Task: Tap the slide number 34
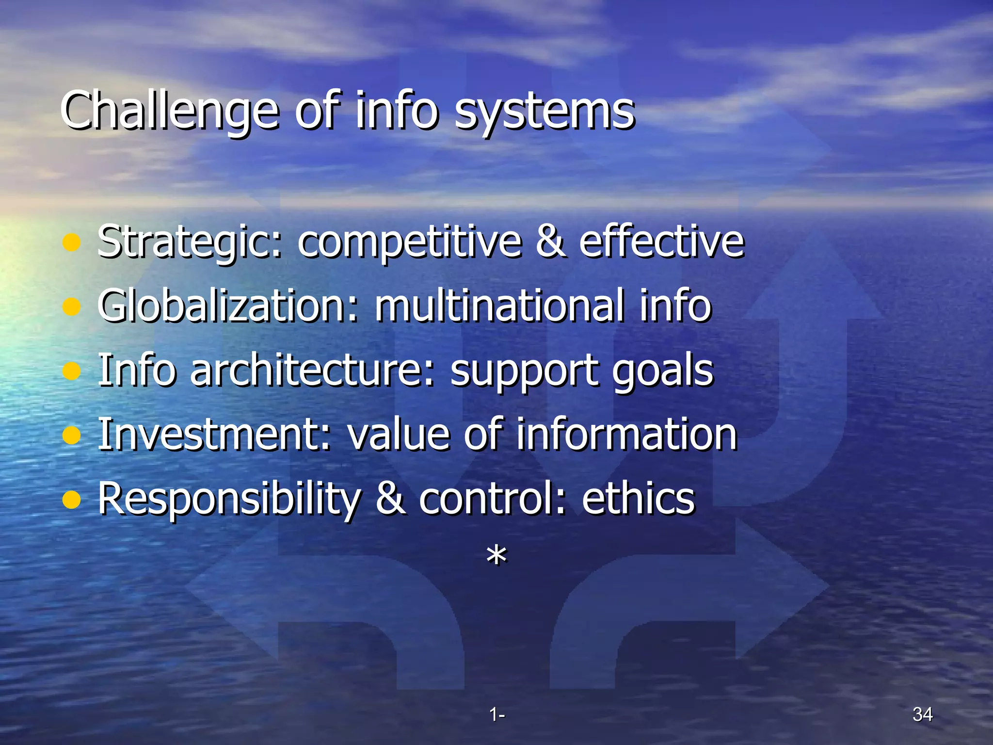pyautogui.click(x=922, y=714)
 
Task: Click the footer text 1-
pyautogui.click(x=496, y=714)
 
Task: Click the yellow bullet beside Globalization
pyautogui.click(x=72, y=307)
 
